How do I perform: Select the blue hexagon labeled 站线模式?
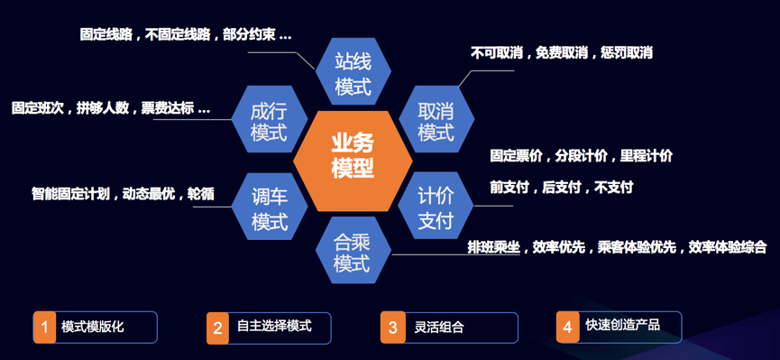point(353,71)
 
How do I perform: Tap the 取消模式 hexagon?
point(436,119)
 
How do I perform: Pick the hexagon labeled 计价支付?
point(436,205)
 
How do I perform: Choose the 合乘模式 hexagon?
point(353,251)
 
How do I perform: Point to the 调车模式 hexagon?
point(270,206)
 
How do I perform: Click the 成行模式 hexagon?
point(270,119)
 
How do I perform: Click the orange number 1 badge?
point(45,328)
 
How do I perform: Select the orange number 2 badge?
point(218,328)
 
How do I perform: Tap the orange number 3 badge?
point(393,328)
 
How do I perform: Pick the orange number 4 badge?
point(567,328)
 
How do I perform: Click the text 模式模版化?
point(93,328)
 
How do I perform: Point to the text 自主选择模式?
point(275,326)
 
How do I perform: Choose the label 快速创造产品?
point(623,325)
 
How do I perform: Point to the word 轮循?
point(200,194)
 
